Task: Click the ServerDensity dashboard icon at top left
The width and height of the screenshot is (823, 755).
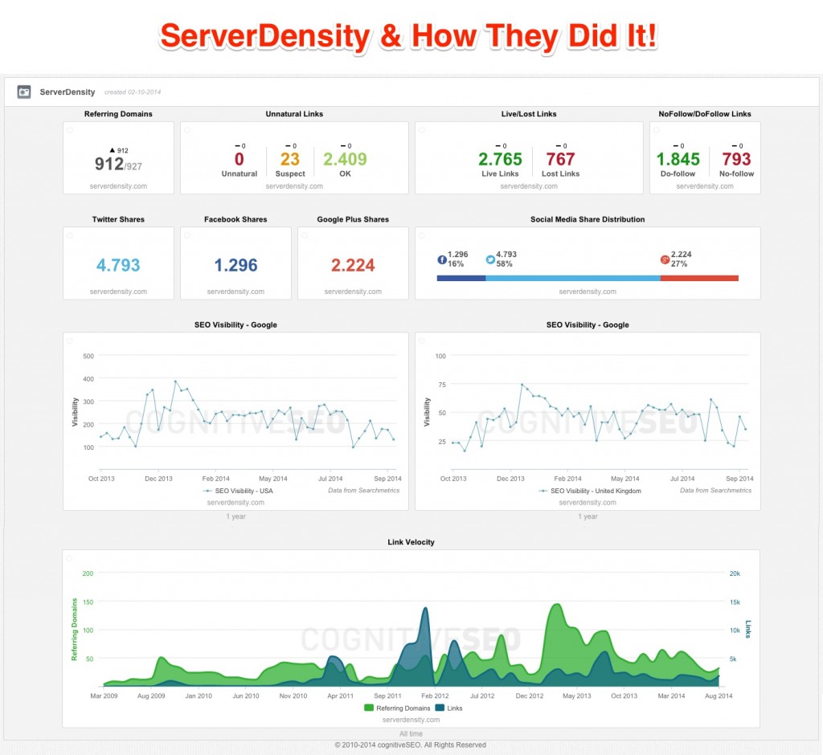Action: [24, 92]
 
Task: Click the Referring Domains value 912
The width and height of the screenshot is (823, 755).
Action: [109, 164]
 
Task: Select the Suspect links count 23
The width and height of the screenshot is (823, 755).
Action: [290, 159]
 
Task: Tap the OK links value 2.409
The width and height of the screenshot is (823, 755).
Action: [345, 159]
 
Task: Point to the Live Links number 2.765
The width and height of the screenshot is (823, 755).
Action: [500, 159]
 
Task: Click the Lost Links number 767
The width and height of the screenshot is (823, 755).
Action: [560, 159]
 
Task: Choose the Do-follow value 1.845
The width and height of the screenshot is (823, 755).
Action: [678, 159]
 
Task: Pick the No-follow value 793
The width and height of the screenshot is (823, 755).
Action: [736, 159]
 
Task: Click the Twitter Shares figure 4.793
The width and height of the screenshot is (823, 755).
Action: [118, 265]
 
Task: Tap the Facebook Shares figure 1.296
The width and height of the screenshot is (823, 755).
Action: [235, 265]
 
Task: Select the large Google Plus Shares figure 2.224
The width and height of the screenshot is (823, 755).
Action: [353, 265]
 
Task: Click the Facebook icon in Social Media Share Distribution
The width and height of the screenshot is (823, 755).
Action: [441, 259]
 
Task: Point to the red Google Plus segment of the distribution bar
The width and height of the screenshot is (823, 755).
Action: [699, 278]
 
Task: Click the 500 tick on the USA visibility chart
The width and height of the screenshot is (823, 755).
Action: [88, 356]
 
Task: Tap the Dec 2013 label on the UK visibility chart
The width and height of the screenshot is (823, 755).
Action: [510, 479]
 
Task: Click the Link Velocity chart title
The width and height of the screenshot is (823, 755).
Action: [411, 542]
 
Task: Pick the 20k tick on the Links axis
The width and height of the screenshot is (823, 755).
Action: [735, 573]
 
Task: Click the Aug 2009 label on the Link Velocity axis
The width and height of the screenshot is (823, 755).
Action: [151, 696]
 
